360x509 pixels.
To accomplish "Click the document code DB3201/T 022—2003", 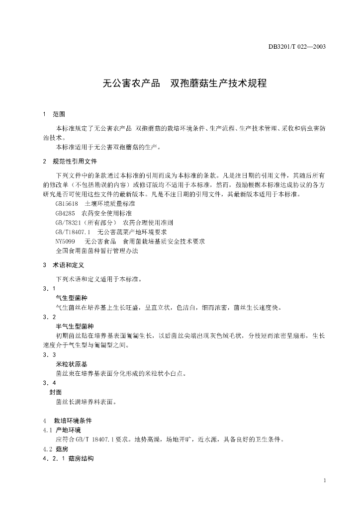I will coord(297,47).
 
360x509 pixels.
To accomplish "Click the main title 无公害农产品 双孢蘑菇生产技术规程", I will coord(184,84).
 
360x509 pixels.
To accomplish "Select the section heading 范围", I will coord(59,114).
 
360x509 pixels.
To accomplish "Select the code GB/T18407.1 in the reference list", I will coord(73,232).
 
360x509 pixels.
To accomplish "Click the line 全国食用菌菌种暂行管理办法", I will coord(97,251).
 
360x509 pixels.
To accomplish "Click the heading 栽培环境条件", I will coord(73,421).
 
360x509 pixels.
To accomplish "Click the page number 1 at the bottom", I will coord(324,481).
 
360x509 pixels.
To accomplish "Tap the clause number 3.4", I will coord(49,383).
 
